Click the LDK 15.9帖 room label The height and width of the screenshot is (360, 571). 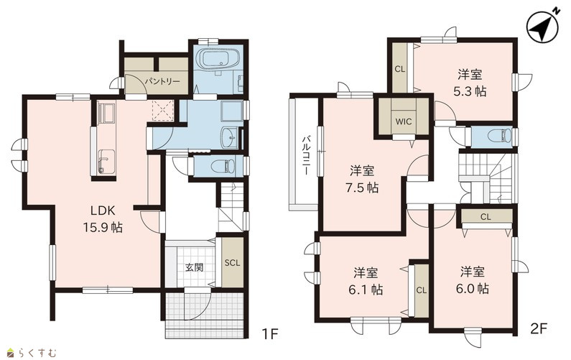pyautogui.click(x=103, y=219)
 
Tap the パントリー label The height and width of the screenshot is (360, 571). pyautogui.click(x=162, y=81)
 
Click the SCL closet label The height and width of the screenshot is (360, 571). pyautogui.click(x=232, y=263)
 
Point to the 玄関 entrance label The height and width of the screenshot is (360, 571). pyautogui.click(x=194, y=268)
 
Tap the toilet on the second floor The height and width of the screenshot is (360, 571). pyautogui.click(x=500, y=137)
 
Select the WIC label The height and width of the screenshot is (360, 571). pyautogui.click(x=403, y=121)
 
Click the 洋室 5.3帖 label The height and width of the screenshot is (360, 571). pyautogui.click(x=470, y=83)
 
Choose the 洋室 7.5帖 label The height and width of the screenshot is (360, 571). pyautogui.click(x=362, y=179)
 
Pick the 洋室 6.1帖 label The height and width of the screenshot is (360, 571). pyautogui.click(x=366, y=281)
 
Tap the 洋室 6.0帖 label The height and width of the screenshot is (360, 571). pyautogui.click(x=473, y=280)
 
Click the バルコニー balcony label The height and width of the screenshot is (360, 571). pyautogui.click(x=307, y=155)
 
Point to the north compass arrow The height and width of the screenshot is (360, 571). pyautogui.click(x=541, y=27)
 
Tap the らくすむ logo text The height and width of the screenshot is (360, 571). pyautogui.click(x=37, y=353)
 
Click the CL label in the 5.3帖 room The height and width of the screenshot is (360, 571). pyautogui.click(x=400, y=69)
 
